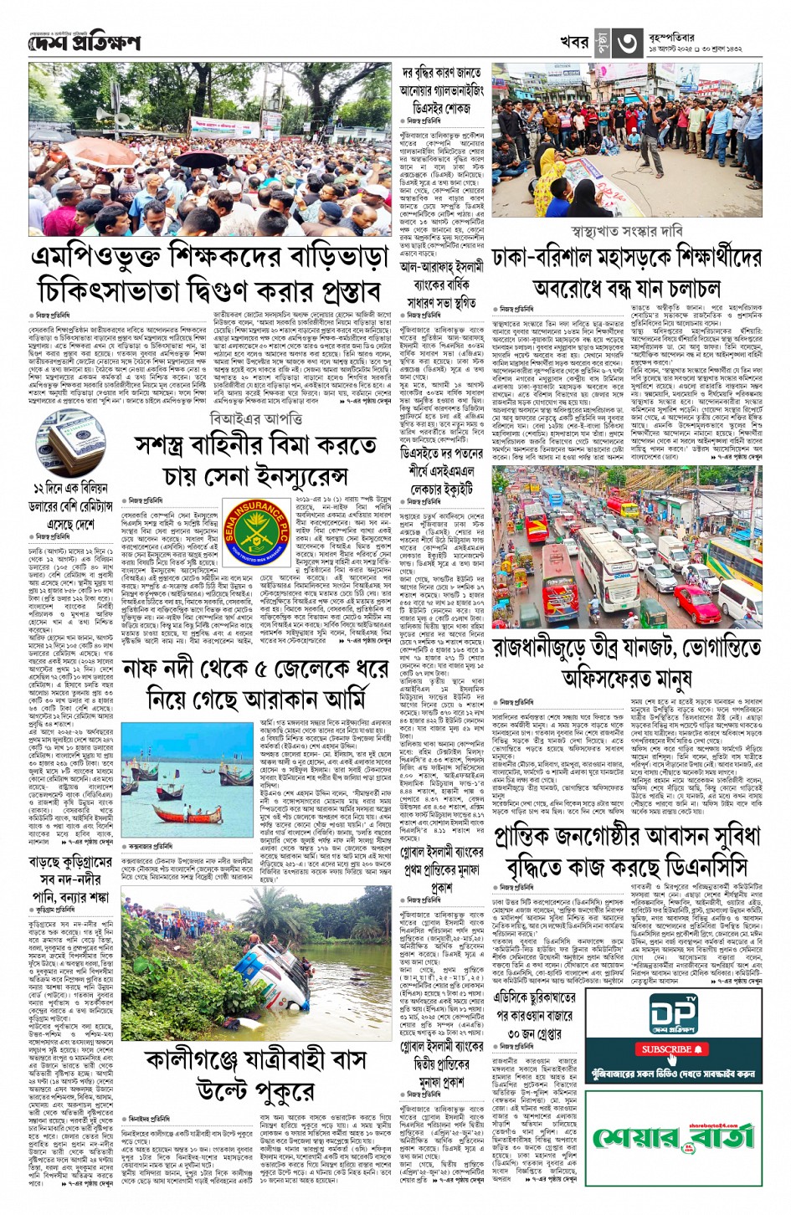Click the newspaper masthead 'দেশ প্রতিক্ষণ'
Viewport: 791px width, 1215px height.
[x=84, y=43]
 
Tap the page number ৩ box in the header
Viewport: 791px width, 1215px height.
[x=629, y=43]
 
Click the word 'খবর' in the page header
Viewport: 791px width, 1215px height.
[x=574, y=43]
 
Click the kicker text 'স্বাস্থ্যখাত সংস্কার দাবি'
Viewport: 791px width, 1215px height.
[x=626, y=230]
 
